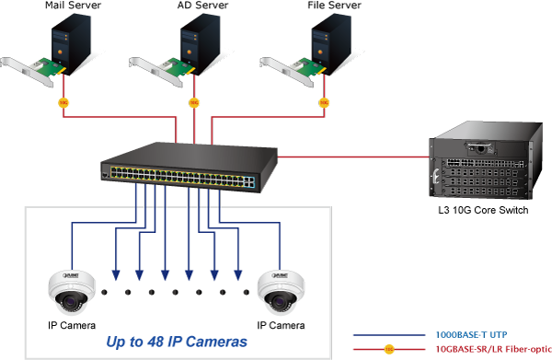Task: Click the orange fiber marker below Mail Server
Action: tap(63, 102)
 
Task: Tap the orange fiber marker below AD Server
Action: tap(193, 102)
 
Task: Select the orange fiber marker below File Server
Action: tap(322, 102)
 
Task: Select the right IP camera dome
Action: tap(278, 290)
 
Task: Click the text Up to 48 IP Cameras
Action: tap(177, 343)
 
